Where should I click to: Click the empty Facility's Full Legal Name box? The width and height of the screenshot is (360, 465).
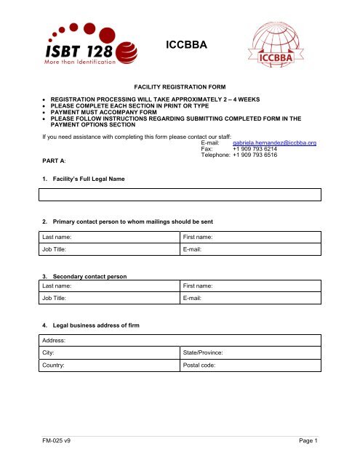(180, 194)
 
